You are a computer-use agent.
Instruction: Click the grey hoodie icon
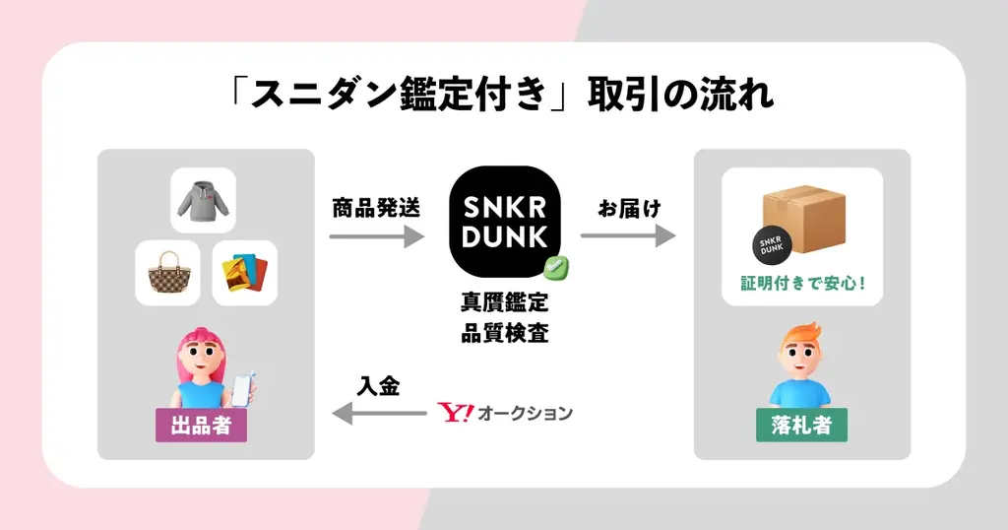pyautogui.click(x=203, y=200)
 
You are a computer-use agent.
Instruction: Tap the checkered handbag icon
pyautogui.click(x=167, y=273)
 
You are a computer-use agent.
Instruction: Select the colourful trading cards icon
pyautogui.click(x=244, y=273)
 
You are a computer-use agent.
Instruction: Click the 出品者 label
pyautogui.click(x=201, y=426)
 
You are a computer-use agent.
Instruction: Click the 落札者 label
pyautogui.click(x=801, y=426)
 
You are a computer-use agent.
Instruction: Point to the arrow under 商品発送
pyautogui.click(x=376, y=236)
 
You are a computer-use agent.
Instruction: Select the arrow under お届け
pyautogui.click(x=627, y=236)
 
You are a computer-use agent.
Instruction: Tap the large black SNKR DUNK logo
pyautogui.click(x=504, y=223)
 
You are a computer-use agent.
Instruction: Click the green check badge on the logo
pyautogui.click(x=558, y=265)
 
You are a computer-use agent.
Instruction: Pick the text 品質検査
pyautogui.click(x=504, y=333)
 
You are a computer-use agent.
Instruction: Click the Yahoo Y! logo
pyautogui.click(x=455, y=413)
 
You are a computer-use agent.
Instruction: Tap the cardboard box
pyautogui.click(x=803, y=219)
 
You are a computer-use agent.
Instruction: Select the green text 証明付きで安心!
pyautogui.click(x=802, y=286)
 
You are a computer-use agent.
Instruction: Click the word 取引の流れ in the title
pyautogui.click(x=680, y=96)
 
